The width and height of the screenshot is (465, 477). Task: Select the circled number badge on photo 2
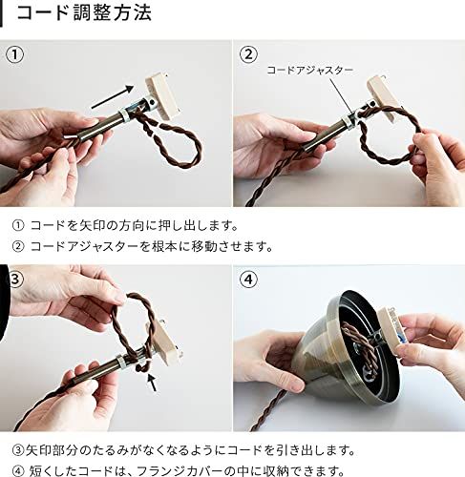click(x=249, y=54)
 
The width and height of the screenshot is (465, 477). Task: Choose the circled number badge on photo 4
click(x=249, y=280)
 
